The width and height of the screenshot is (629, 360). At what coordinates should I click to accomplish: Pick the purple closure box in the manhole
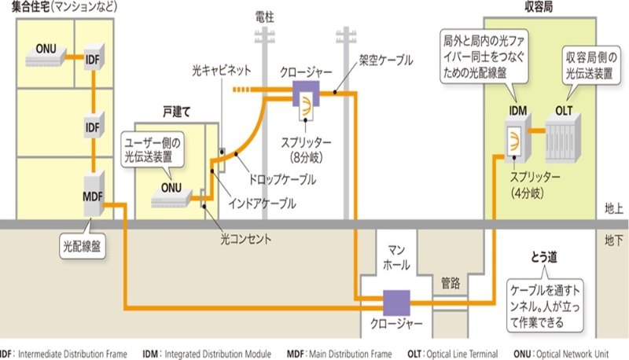397,301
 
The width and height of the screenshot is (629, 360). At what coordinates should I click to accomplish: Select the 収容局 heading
541,7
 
